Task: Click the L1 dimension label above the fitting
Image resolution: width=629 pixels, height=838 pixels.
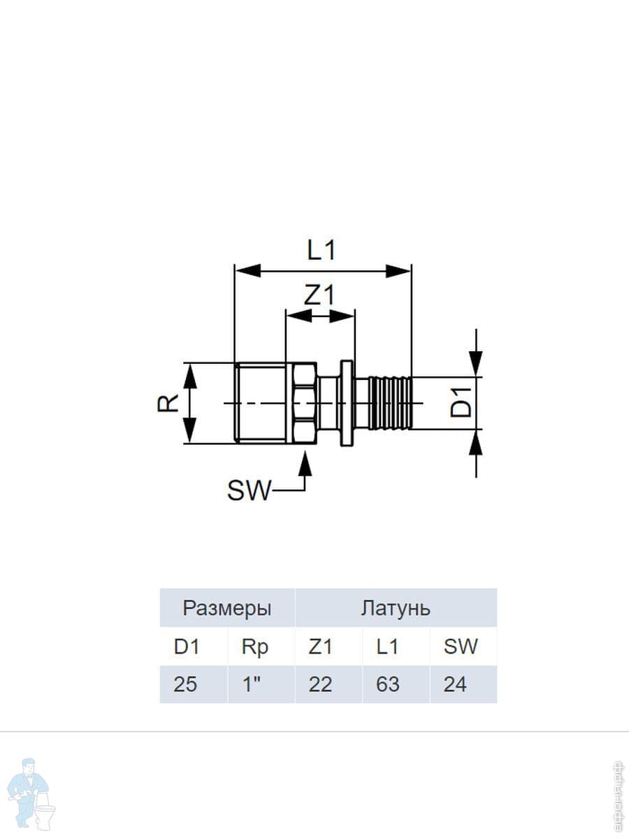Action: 321,251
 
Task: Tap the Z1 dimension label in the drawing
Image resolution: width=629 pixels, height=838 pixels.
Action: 319,295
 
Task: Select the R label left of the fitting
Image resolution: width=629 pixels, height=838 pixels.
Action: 168,403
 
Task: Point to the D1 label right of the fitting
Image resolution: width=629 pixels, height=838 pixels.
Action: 461,402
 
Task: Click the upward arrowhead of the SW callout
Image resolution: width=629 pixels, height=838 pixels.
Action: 305,463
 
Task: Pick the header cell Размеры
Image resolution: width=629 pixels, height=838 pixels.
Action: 227,608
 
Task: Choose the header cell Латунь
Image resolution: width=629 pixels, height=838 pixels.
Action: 396,608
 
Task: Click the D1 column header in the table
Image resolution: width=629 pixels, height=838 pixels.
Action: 187,647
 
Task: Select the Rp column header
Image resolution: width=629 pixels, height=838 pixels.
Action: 254,647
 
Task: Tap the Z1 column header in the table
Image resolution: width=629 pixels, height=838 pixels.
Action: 320,647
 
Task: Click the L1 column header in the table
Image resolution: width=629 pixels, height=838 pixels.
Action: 387,647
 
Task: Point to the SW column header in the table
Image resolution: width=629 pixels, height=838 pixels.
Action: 460,647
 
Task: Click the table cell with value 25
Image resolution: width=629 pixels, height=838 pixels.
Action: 194,684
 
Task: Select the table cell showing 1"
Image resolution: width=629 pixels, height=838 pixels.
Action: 261,684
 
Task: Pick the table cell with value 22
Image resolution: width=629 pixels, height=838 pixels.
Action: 328,684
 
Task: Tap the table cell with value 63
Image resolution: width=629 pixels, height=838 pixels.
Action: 396,684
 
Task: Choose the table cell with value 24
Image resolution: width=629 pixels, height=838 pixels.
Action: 463,684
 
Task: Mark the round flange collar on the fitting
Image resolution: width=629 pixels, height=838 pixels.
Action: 347,403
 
